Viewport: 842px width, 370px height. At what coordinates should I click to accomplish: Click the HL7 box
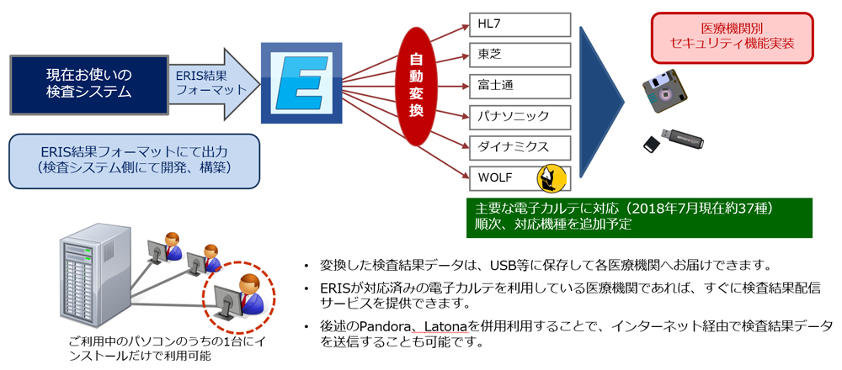point(520,24)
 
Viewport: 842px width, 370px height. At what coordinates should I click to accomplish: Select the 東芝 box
point(520,55)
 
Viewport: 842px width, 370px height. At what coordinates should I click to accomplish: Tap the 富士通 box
point(520,85)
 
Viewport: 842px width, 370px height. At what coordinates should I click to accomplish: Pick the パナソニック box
point(520,116)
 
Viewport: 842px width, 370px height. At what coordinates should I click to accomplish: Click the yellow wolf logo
point(552,178)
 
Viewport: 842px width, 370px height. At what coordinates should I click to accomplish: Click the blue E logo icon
point(301,82)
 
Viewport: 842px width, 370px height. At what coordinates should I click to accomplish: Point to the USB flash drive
point(682,140)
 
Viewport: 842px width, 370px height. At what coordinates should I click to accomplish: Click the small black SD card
point(652,144)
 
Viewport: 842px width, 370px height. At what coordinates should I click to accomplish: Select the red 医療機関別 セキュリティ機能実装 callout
point(732,36)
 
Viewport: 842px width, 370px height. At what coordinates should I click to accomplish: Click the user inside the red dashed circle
point(239,299)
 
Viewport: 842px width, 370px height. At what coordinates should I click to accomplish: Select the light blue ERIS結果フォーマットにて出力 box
point(134,161)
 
